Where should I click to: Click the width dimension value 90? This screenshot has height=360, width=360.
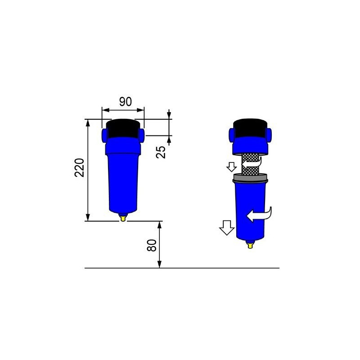click(126, 101)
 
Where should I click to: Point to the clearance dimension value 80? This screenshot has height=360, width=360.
click(153, 245)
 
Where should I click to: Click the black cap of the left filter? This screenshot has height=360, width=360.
click(123, 128)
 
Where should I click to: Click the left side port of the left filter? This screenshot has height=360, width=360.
click(105, 134)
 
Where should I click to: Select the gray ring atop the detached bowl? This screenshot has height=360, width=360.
click(250, 179)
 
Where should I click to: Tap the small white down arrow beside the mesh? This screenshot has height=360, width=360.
click(232, 167)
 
